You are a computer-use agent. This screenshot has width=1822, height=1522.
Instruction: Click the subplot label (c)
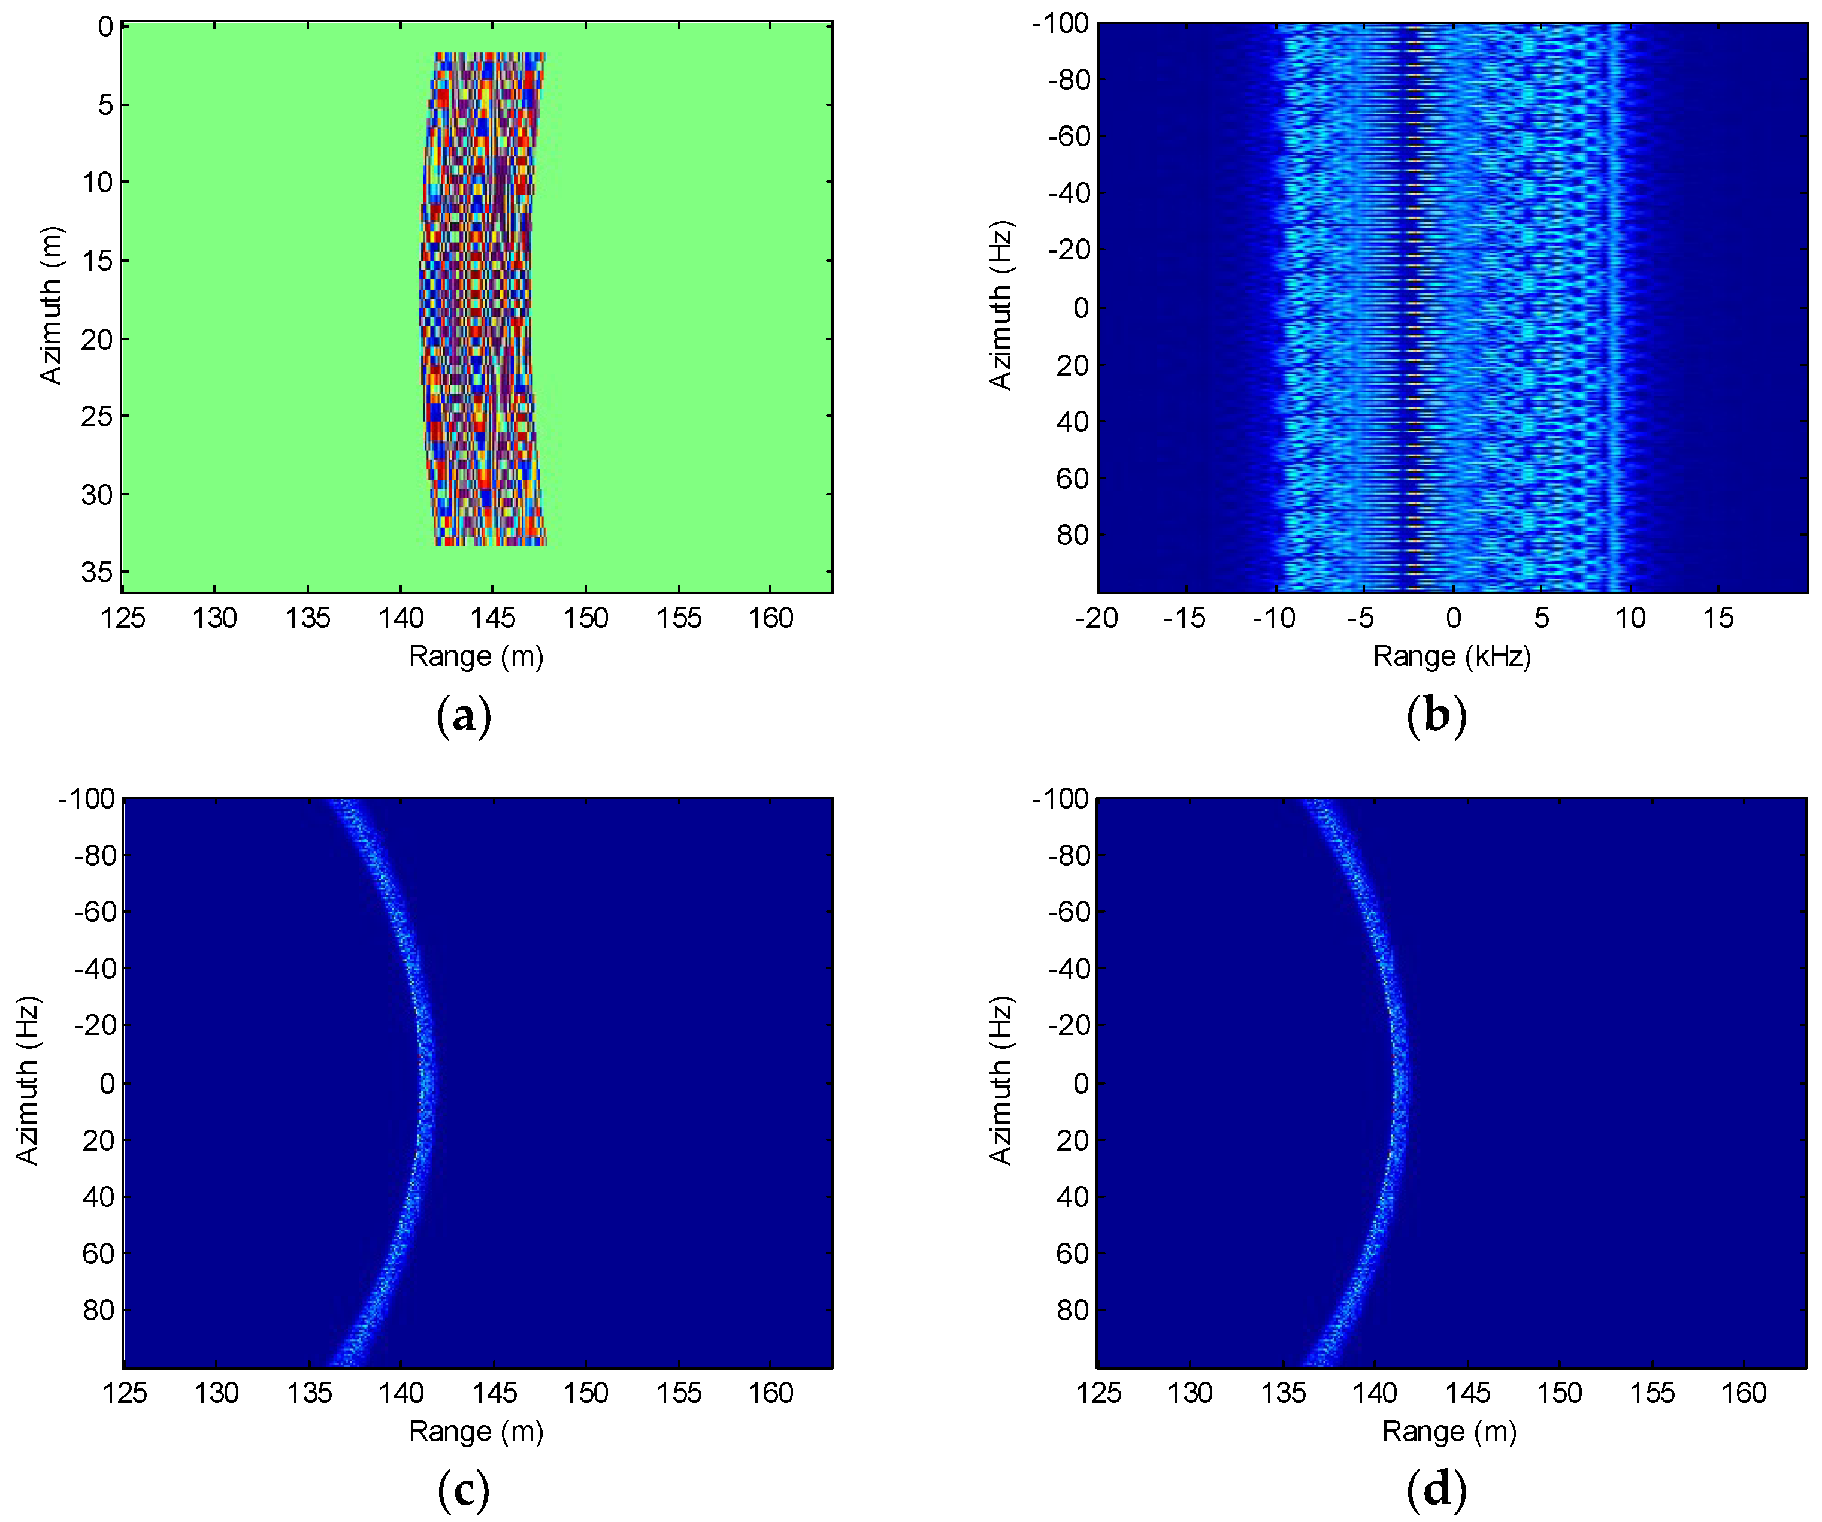click(x=464, y=1491)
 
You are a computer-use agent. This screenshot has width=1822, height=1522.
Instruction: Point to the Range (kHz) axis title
click(x=1451, y=656)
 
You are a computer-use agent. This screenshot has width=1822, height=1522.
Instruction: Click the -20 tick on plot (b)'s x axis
click(x=1096, y=618)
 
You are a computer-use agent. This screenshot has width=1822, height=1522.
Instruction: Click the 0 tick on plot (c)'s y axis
click(x=107, y=1083)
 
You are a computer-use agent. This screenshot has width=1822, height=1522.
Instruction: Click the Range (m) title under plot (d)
click(x=1449, y=1431)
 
